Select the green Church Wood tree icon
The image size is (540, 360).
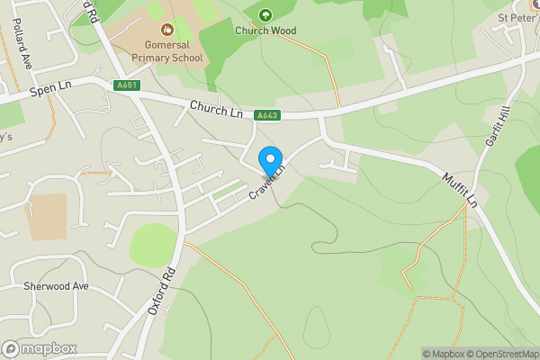pos(265,14)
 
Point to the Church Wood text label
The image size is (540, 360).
pos(265,30)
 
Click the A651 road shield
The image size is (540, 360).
pos(126,85)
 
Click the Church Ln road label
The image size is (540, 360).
pos(217,109)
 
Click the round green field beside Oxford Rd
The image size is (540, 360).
pos(152,243)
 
